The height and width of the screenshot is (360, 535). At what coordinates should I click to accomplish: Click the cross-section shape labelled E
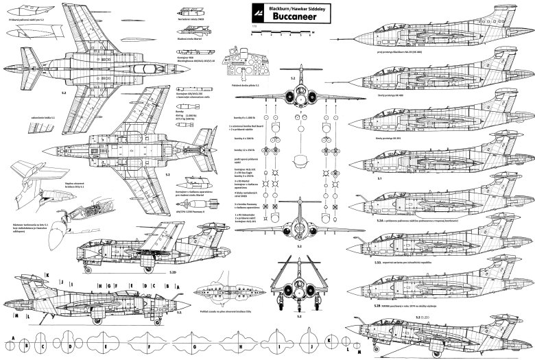click(108, 339)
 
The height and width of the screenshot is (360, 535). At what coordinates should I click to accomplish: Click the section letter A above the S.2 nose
click(185, 284)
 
